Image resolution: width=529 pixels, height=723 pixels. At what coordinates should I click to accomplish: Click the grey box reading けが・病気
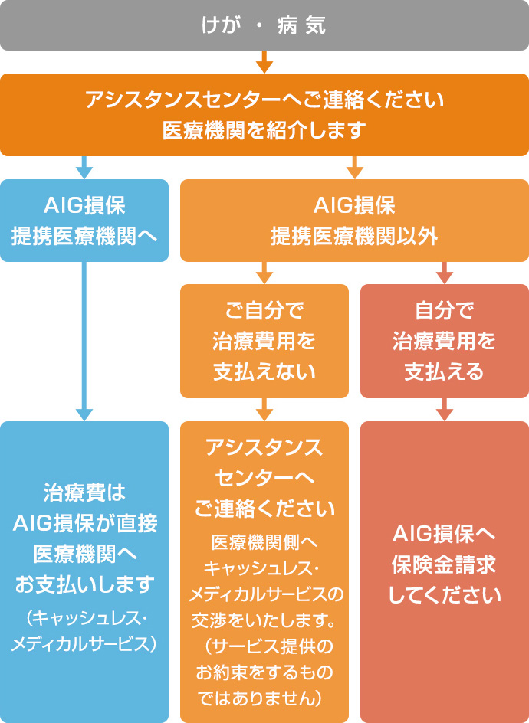264,25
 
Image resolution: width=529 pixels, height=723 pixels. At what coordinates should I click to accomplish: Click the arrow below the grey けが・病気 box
264,62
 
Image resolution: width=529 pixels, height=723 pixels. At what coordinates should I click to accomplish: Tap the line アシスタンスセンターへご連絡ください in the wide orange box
264,100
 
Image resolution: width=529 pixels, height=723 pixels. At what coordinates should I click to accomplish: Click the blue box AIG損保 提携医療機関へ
84,221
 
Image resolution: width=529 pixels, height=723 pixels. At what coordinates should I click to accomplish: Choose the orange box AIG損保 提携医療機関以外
354,221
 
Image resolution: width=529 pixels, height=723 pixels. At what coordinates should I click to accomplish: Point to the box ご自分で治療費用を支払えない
264,342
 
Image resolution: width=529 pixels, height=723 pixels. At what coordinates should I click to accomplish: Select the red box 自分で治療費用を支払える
444,342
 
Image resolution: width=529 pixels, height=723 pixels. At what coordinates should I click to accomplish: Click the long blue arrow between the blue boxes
84,342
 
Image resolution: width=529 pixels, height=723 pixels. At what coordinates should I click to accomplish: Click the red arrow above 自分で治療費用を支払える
444,273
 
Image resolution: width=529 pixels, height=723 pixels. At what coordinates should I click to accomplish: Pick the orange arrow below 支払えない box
264,410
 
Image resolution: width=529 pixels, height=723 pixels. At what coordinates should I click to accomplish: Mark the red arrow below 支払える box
444,410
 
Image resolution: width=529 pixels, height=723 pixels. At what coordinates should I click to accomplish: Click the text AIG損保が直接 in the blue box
84,525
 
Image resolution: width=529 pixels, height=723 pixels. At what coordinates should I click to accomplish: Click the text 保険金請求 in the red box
444,564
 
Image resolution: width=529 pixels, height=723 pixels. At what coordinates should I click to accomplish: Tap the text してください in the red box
444,594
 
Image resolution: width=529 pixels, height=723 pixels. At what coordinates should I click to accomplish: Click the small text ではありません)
264,697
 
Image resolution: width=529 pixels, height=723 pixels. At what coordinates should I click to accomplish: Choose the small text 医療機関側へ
264,542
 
